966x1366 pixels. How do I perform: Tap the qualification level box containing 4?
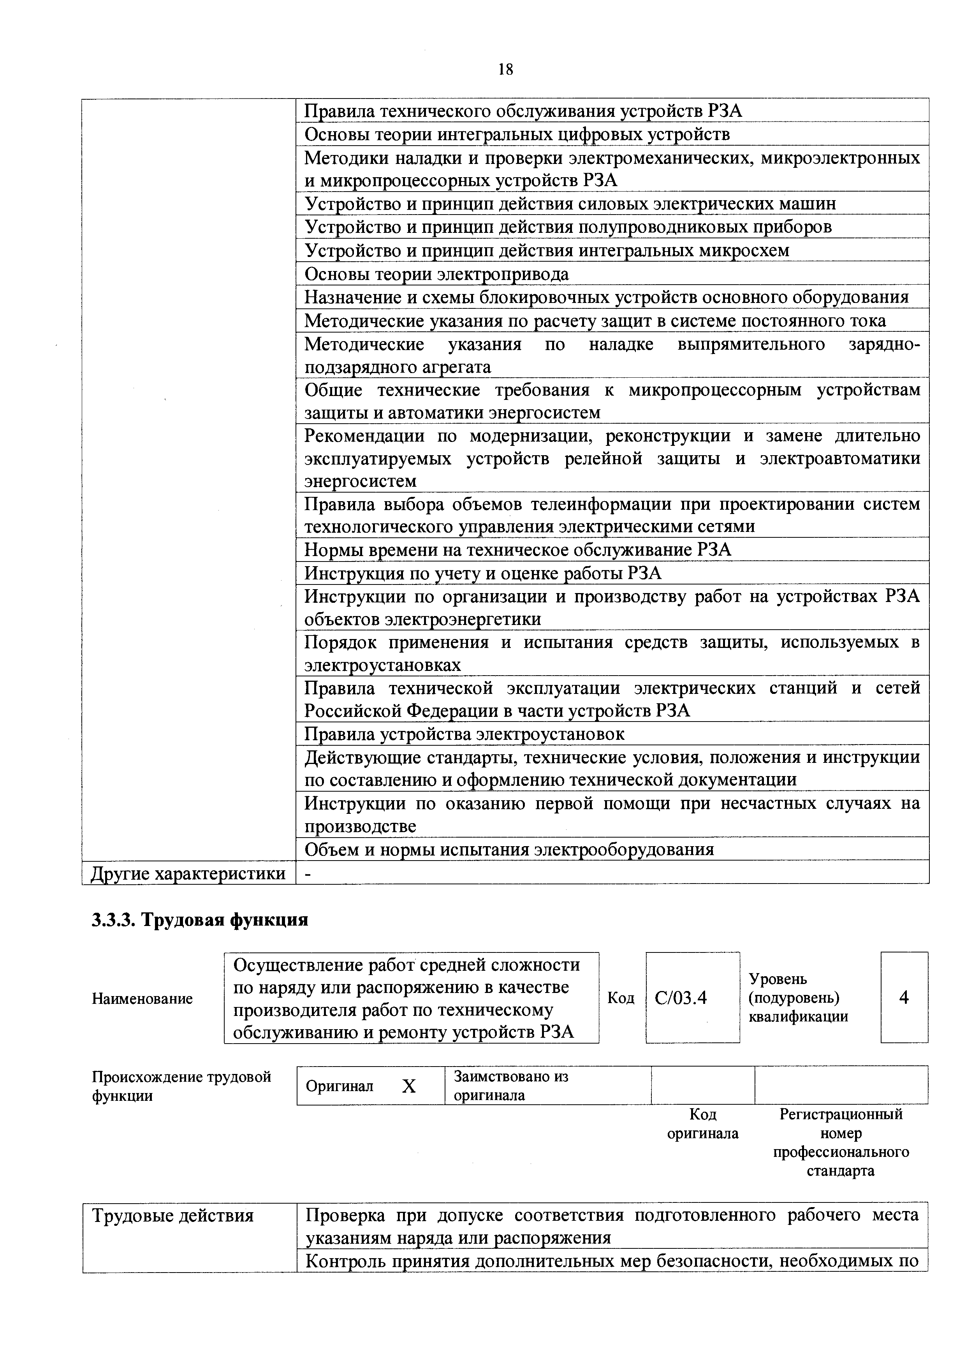point(904,998)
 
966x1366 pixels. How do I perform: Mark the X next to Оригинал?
point(409,1087)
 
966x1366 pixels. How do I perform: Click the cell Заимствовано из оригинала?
point(510,1086)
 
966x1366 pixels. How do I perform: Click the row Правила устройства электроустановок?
point(464,734)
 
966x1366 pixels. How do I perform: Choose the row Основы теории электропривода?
point(436,274)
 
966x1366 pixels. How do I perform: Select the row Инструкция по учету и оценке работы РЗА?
point(482,573)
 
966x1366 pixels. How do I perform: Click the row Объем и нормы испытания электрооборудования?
point(509,849)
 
